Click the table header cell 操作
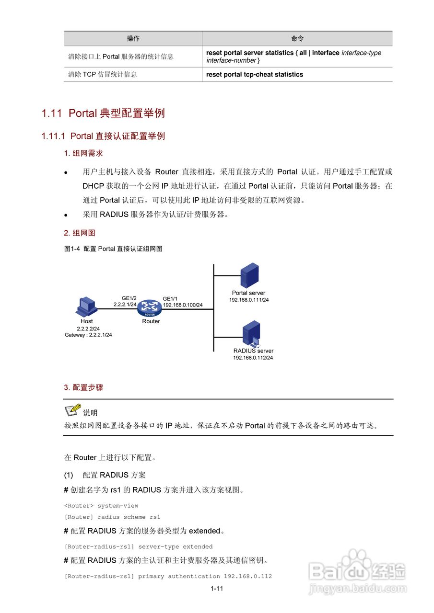(133, 38)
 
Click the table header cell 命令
(297, 38)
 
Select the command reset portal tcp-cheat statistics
(254, 74)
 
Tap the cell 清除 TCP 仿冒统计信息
(103, 74)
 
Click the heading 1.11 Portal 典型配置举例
(103, 113)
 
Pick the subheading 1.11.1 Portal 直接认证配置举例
(103, 136)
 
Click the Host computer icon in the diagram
(86, 306)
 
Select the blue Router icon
(151, 308)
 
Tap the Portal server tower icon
(249, 275)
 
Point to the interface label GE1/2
(129, 298)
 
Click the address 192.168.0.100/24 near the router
(183, 305)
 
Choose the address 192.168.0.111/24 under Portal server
(248, 300)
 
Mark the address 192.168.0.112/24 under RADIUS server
(253, 358)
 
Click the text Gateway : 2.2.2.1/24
(88, 335)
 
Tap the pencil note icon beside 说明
(72, 409)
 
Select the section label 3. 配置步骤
(83, 387)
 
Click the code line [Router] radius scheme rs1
(112, 517)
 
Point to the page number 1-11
(217, 589)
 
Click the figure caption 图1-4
(72, 249)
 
